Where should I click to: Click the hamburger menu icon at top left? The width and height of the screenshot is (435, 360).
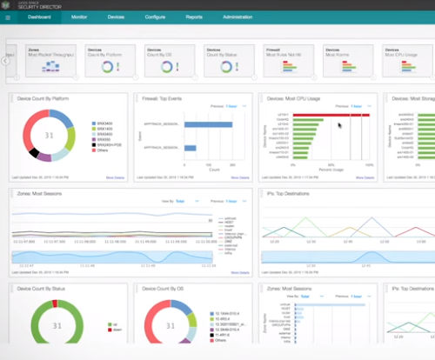[x=8, y=16]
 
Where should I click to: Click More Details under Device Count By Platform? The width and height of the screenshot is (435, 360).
[x=117, y=177]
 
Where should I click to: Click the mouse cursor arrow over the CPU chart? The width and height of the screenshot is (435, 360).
[x=339, y=124]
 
